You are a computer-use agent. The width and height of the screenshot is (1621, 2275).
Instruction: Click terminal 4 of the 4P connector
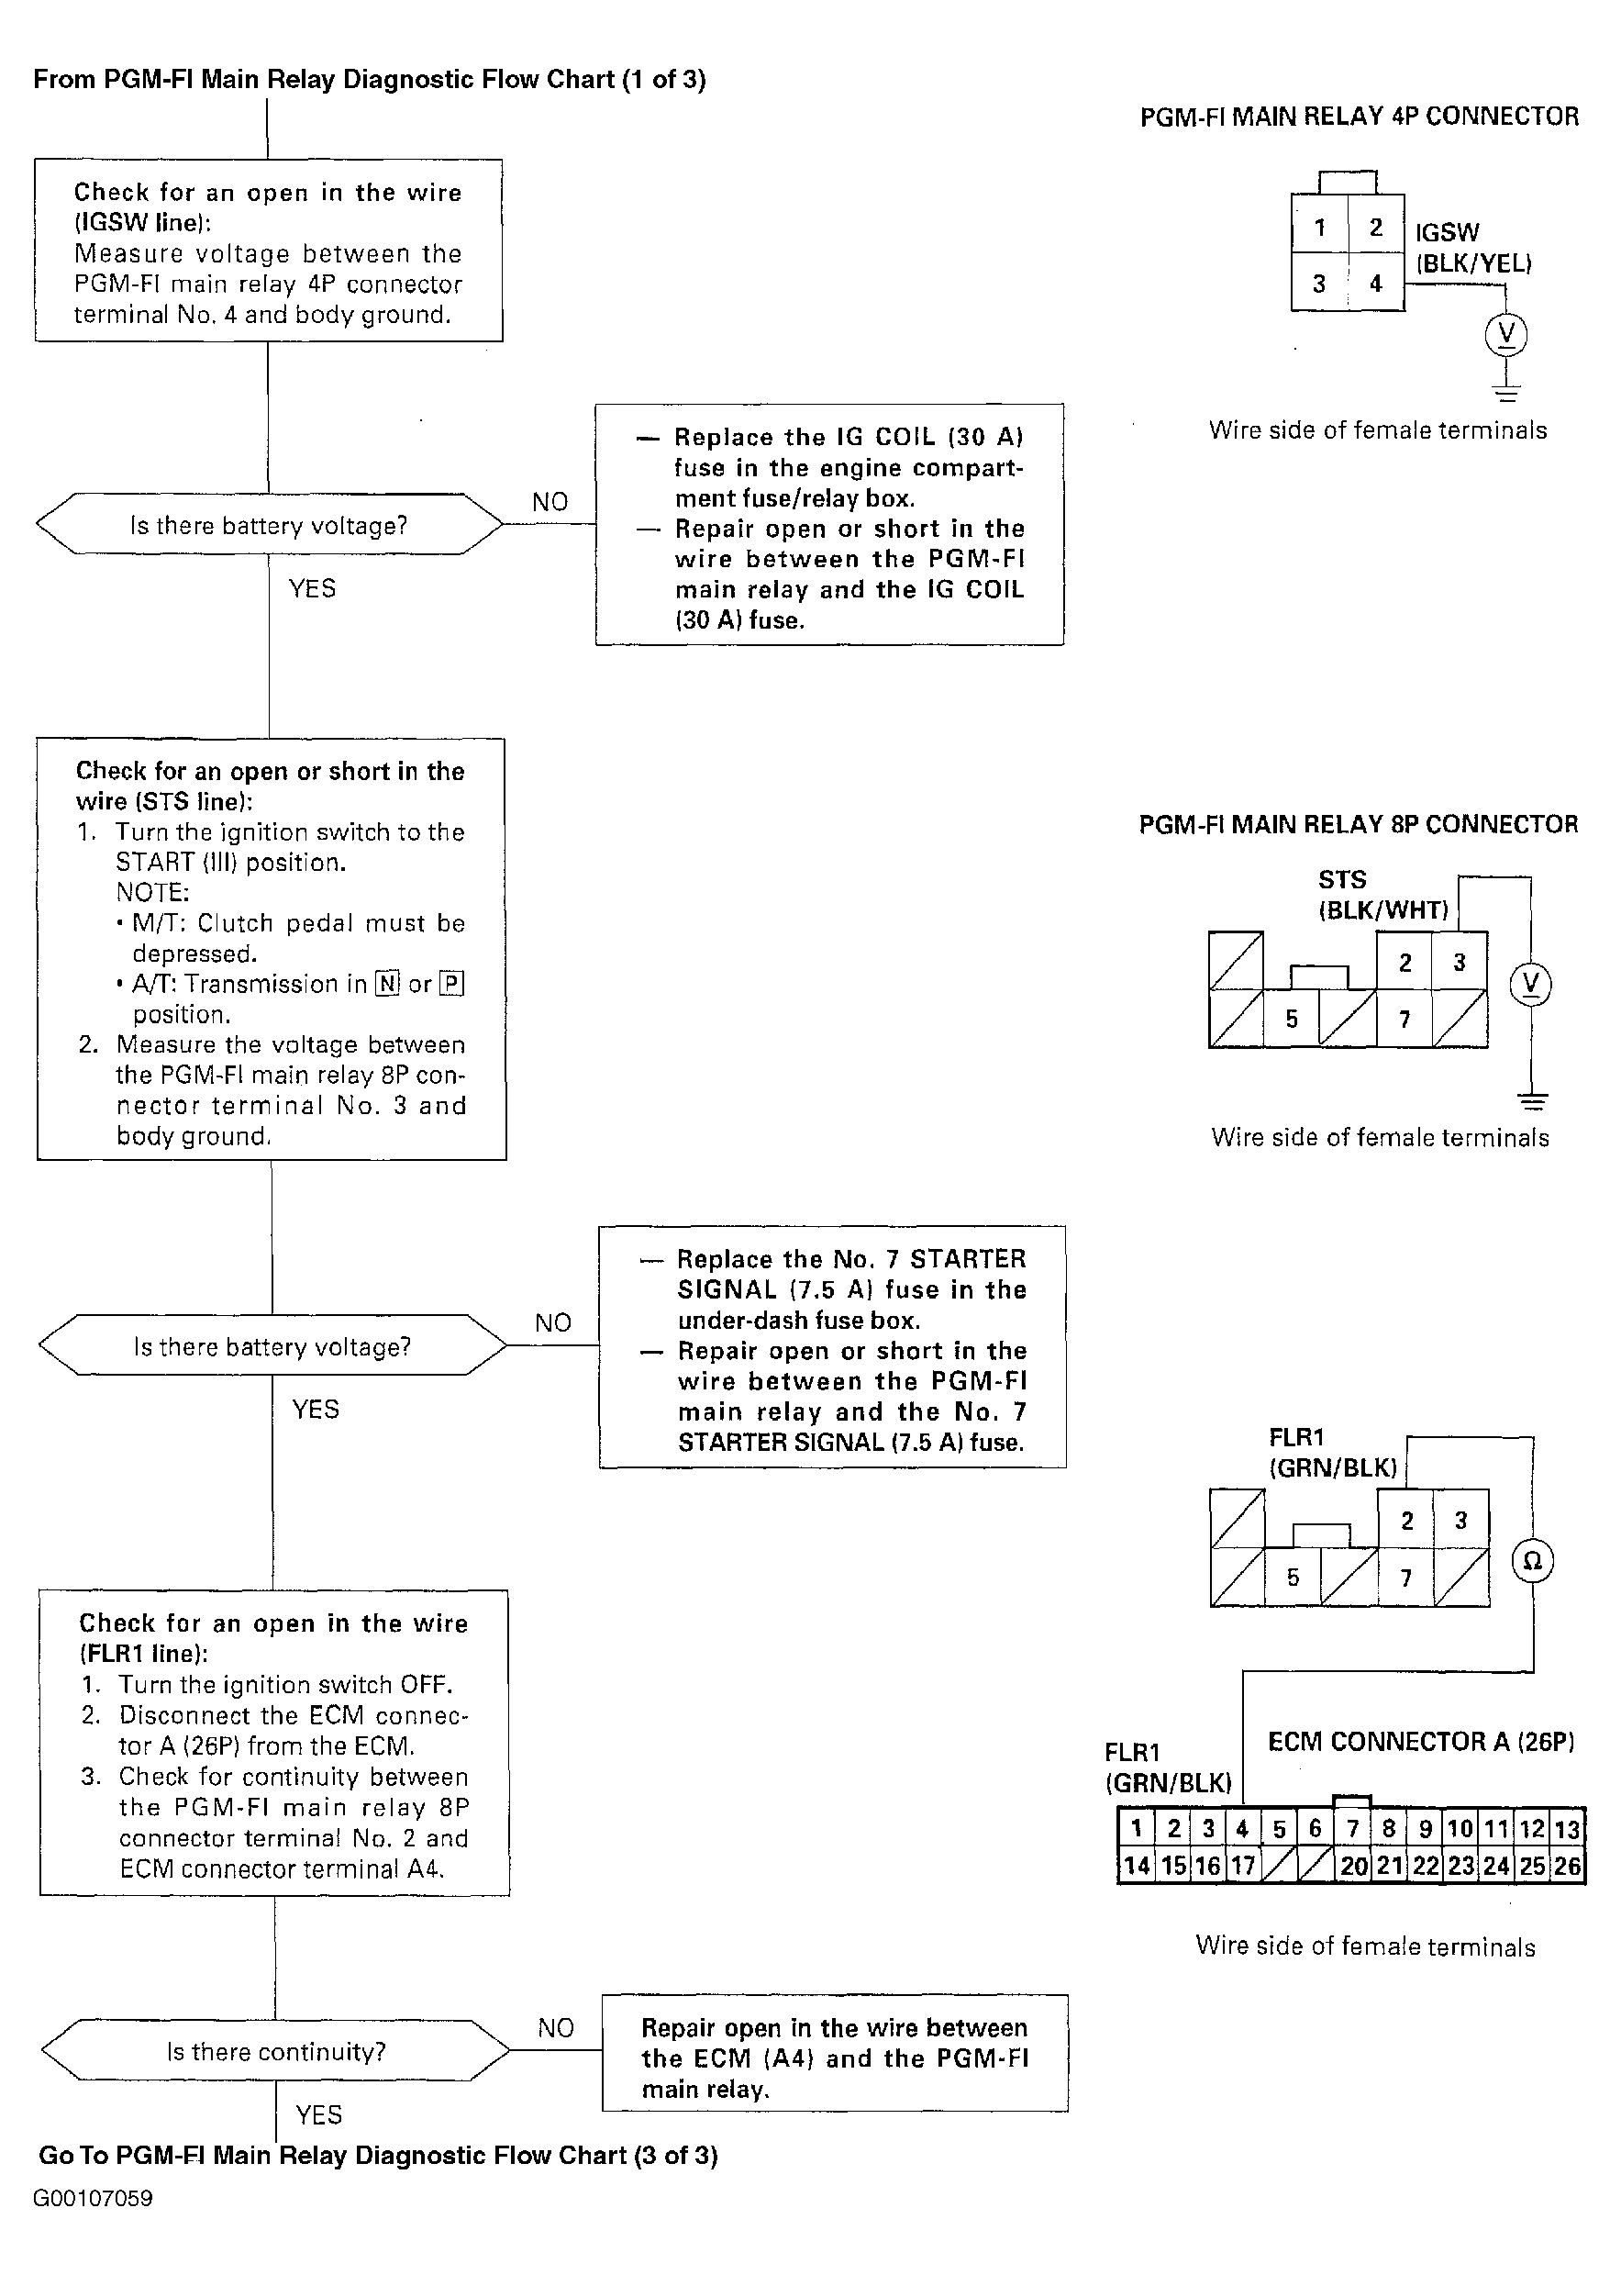[1375, 284]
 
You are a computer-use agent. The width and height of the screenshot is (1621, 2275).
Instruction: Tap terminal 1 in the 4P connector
[1319, 228]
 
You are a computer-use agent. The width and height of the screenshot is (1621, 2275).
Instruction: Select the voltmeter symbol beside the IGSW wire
[1506, 333]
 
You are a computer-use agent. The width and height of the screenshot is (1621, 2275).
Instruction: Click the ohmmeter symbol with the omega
[1532, 1561]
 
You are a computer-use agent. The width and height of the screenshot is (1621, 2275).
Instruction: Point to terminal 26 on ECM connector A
[1567, 1866]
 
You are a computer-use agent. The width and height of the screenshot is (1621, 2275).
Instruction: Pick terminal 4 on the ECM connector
[1242, 1829]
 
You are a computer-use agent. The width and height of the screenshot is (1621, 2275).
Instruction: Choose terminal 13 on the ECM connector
[1567, 1829]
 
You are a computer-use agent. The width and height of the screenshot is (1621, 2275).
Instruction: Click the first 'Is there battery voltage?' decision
[269, 525]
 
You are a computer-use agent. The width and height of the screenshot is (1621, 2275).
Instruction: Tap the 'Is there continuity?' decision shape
[275, 2051]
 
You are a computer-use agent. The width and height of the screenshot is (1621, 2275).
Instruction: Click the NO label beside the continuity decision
[555, 2027]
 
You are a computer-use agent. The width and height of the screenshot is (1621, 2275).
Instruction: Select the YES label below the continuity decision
[318, 2115]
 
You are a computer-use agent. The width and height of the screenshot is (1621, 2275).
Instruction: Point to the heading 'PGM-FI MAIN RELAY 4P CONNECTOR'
[1359, 117]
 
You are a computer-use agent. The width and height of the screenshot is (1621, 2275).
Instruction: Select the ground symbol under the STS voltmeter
[1532, 1102]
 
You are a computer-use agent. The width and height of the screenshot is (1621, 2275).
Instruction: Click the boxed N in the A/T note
[386, 985]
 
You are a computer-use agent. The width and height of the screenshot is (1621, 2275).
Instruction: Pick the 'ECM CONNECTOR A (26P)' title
[1420, 1742]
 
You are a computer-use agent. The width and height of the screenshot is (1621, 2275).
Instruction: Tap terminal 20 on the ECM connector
[1352, 1866]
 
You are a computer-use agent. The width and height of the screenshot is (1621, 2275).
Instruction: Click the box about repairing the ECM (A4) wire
[835, 2058]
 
